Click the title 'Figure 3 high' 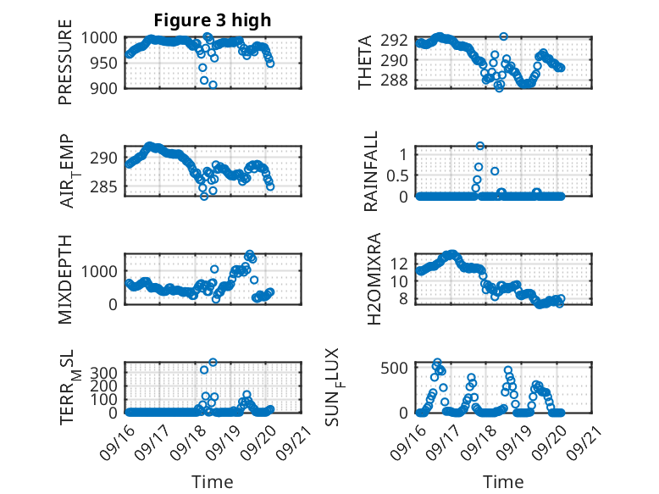[213, 20]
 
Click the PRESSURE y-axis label [65, 68]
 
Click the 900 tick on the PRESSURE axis [106, 87]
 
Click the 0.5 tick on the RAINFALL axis [400, 175]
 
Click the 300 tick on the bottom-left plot [106, 373]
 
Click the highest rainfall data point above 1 [480, 147]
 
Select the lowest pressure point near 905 [213, 85]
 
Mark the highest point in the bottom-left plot [213, 363]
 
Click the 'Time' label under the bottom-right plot [503, 481]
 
